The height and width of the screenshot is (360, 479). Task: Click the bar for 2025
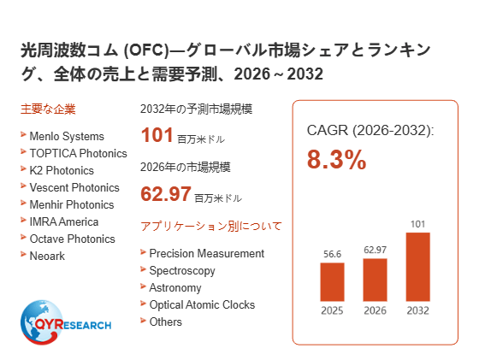pyautogui.click(x=332, y=282)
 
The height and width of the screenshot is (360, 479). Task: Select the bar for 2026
pyautogui.click(x=375, y=280)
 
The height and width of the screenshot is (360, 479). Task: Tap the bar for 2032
pyautogui.click(x=418, y=267)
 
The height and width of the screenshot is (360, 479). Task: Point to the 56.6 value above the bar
pyautogui.click(x=333, y=254)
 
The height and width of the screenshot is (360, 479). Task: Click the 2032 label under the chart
pyautogui.click(x=418, y=310)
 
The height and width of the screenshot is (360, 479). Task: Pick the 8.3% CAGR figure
pyautogui.click(x=336, y=159)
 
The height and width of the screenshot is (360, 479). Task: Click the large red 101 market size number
pyautogui.click(x=157, y=135)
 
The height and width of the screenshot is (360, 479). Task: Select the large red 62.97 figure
pyautogui.click(x=166, y=193)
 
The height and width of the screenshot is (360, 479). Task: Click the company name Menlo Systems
pyautogui.click(x=67, y=136)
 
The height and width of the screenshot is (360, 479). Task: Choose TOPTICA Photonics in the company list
pyautogui.click(x=78, y=153)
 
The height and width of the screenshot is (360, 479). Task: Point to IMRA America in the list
pyautogui.click(x=64, y=221)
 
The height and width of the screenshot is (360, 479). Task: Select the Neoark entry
pyautogui.click(x=47, y=256)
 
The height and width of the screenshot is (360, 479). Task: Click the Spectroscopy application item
pyautogui.click(x=182, y=271)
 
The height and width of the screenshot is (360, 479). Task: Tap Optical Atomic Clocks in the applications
pyautogui.click(x=202, y=304)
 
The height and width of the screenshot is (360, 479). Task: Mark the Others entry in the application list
pyautogui.click(x=165, y=322)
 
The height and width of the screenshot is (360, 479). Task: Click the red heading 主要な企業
pyautogui.click(x=48, y=109)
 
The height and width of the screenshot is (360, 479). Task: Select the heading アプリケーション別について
pyautogui.click(x=210, y=227)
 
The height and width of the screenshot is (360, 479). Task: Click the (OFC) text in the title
pyautogui.click(x=146, y=50)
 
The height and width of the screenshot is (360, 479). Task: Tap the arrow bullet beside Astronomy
pyautogui.click(x=143, y=286)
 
